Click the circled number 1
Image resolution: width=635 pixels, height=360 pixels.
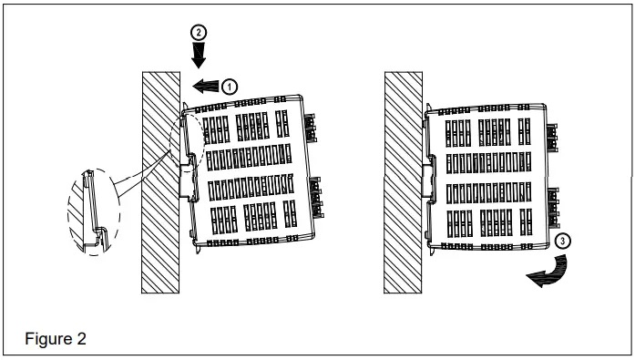tap(230, 85)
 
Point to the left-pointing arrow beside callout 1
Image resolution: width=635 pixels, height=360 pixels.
tap(207, 86)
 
